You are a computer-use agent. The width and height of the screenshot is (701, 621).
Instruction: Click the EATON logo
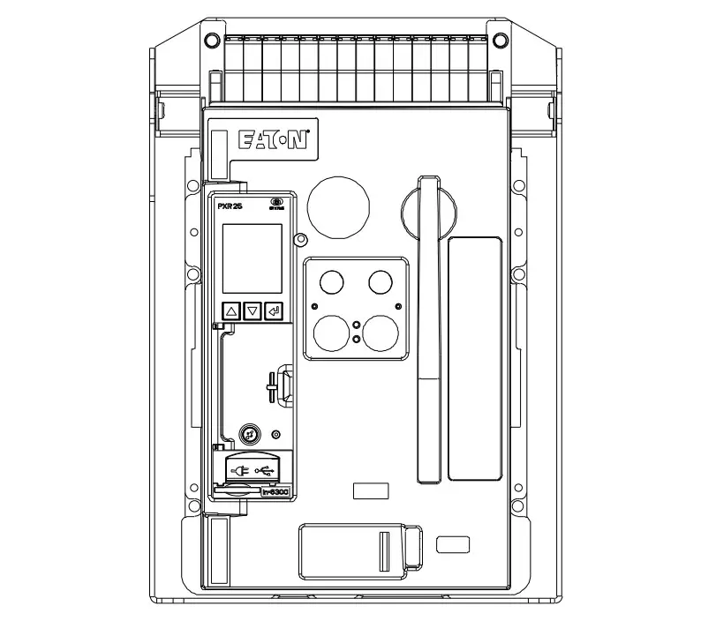click(273, 141)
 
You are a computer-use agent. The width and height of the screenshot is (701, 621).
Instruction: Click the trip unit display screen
click(252, 258)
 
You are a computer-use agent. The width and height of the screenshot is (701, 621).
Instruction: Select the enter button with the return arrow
click(274, 311)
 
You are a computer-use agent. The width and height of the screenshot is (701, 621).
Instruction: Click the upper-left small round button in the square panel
click(332, 281)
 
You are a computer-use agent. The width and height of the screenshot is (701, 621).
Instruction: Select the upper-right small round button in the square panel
click(380, 281)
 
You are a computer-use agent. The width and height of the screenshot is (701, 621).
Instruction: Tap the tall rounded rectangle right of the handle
click(474, 358)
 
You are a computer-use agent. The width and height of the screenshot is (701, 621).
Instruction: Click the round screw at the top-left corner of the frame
click(209, 39)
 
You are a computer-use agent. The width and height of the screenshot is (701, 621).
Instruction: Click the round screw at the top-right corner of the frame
click(499, 39)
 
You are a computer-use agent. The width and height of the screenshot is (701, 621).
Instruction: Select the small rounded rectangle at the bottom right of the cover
click(453, 543)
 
